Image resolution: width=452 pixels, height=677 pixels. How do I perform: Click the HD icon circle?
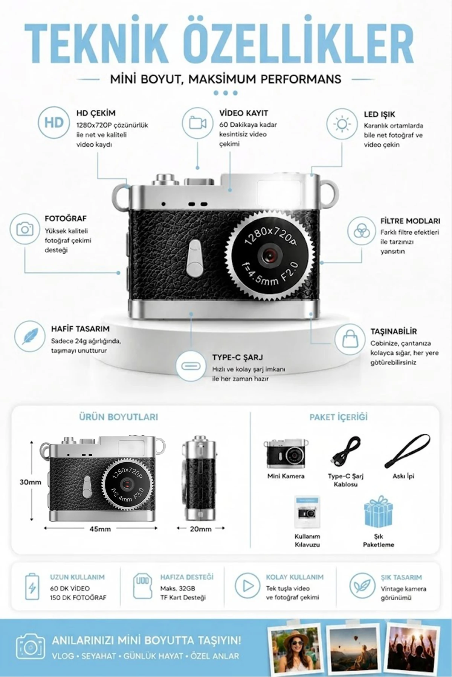coord(54,123)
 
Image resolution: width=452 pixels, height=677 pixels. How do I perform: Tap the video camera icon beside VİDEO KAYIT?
coord(198,123)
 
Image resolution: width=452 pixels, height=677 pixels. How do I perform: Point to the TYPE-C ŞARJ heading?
coord(237,357)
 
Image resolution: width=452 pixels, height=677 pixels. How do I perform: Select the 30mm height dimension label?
coord(31,482)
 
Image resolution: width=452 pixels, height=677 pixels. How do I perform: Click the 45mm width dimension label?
coord(100,529)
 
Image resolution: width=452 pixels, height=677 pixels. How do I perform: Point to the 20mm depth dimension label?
coord(200,529)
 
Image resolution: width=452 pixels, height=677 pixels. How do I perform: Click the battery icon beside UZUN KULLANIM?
coord(32,587)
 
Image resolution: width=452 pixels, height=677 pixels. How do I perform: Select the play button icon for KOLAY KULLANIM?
coord(247,586)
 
